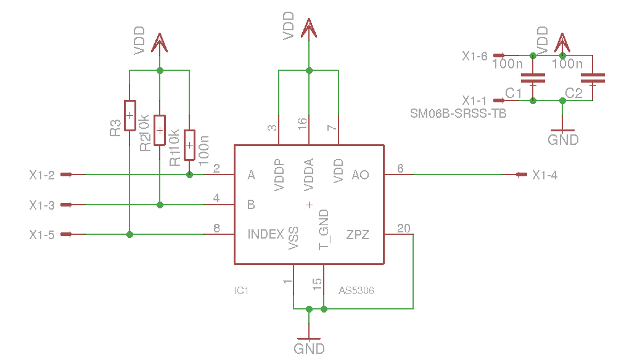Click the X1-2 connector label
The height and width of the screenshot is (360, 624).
[42, 175]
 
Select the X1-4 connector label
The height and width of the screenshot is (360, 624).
[545, 175]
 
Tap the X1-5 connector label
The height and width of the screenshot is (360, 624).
[42, 235]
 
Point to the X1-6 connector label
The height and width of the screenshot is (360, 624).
[474, 56]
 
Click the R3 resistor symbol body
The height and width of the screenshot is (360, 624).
[129, 115]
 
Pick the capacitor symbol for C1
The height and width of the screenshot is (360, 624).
[533, 78]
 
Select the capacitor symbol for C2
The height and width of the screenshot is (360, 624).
[593, 78]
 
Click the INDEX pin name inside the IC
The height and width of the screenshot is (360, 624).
[265, 234]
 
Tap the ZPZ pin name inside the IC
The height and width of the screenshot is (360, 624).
[358, 235]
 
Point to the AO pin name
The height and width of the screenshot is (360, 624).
[360, 175]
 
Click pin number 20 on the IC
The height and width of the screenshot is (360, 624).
[403, 228]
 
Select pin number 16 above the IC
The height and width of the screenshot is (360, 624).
[303, 123]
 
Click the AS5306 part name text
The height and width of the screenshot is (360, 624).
[356, 291]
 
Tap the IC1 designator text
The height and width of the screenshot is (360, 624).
[241, 291]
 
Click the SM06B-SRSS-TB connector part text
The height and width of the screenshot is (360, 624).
[458, 114]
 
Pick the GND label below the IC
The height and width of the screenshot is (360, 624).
[309, 349]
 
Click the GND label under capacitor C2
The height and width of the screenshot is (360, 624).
[563, 140]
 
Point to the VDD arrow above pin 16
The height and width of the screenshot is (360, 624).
[309, 28]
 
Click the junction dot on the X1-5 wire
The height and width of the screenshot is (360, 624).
[129, 235]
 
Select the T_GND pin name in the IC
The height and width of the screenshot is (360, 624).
[324, 230]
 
